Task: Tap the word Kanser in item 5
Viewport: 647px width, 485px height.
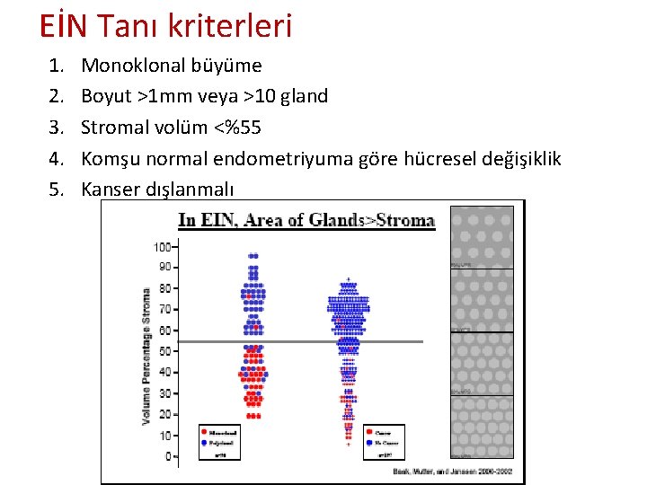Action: point(108,190)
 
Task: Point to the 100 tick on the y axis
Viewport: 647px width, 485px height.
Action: point(162,246)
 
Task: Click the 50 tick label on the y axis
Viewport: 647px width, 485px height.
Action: point(164,351)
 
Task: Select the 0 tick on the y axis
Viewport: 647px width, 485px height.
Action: point(167,456)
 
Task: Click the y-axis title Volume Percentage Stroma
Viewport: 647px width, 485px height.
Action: point(146,356)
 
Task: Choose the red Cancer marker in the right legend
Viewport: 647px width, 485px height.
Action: point(369,432)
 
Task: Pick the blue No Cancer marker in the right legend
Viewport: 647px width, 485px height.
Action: point(369,443)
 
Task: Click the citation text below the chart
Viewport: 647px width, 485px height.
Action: point(456,470)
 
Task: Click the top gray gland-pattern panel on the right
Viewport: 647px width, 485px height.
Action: point(481,235)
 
